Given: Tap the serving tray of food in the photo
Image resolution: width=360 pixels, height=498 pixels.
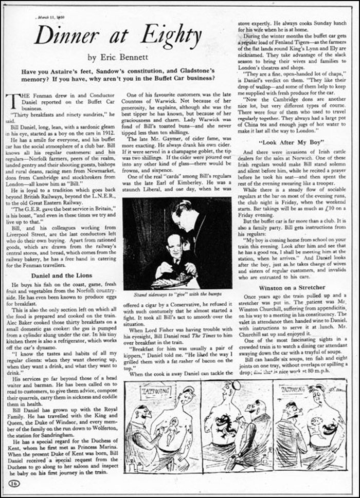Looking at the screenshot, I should point(175,282).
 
